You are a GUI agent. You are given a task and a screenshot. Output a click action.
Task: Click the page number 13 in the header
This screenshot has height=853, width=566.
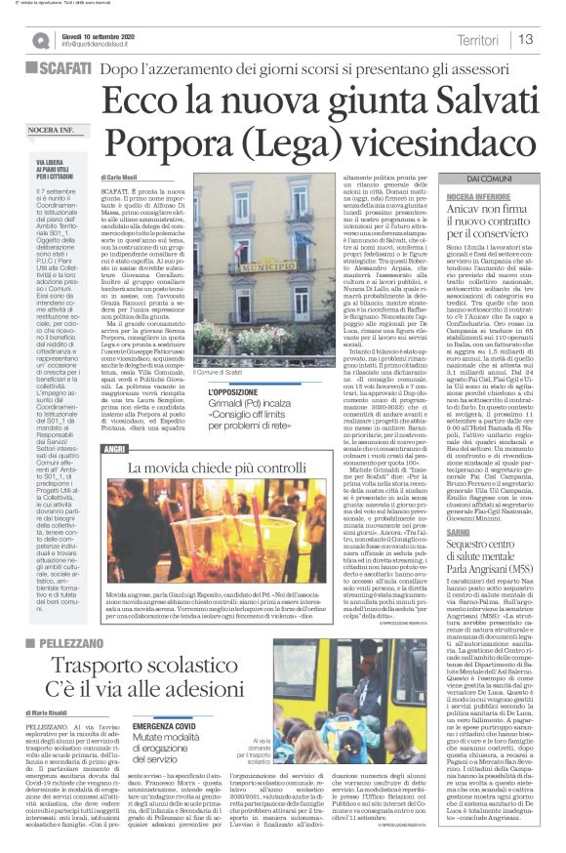[x=526, y=39]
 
